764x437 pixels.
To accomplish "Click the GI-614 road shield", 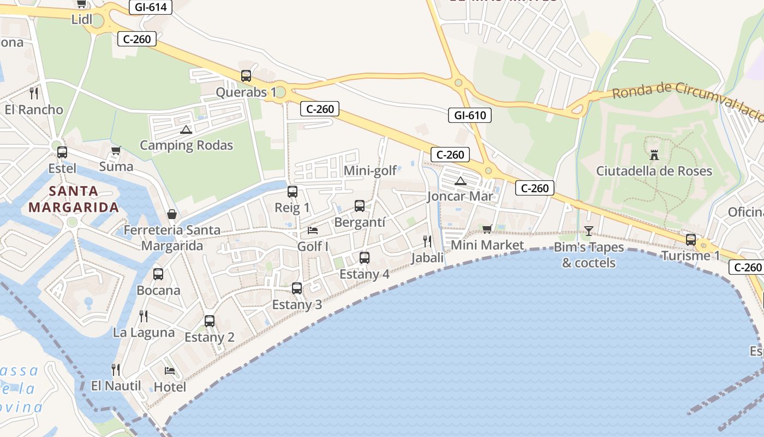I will [151, 7].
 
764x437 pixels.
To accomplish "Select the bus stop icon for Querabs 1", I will [246, 76].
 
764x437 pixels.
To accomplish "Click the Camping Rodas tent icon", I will [186, 129].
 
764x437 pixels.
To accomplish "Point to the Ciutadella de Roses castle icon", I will [654, 155].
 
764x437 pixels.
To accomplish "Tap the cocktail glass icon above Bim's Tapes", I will [588, 231].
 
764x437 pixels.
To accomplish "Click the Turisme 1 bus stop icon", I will [691, 239].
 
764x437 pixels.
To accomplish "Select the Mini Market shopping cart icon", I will [487, 229].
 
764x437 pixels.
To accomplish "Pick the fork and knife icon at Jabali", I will [427, 241].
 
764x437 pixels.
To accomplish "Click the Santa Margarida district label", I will [74, 199].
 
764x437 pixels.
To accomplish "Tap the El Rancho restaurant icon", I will [34, 93].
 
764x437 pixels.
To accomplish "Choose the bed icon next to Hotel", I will [170, 371].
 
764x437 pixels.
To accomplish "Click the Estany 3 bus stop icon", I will [297, 288].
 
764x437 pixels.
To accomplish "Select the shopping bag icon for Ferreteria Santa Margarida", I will [172, 214].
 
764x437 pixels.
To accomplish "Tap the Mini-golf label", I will [370, 171].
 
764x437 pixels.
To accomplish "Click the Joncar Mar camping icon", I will [461, 181].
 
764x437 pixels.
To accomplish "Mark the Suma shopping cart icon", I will [116, 150].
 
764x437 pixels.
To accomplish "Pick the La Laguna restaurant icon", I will [144, 316].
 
